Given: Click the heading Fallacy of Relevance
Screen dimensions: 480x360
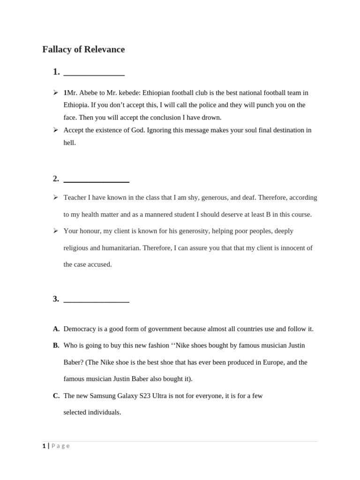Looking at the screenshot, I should tap(83, 49).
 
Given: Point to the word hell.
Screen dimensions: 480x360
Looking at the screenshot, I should tap(69, 142).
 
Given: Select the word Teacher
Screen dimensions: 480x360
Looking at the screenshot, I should tap(75, 197).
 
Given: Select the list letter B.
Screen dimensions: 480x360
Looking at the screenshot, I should tap(56, 345).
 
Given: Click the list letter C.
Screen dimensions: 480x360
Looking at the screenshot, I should tap(56, 396).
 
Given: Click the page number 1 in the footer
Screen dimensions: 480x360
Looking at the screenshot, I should tap(44, 446).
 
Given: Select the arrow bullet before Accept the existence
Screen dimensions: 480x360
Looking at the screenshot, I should tap(55, 130).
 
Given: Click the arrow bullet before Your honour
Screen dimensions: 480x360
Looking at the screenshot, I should tap(55, 231).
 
